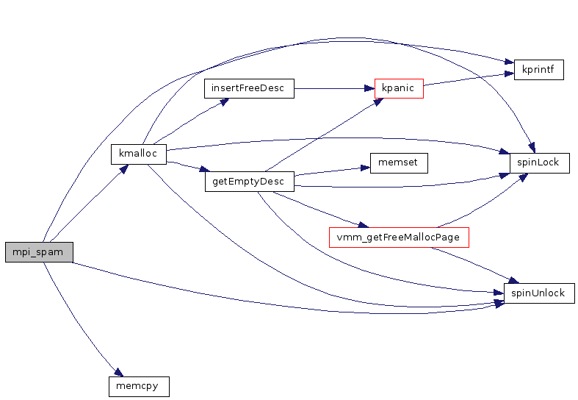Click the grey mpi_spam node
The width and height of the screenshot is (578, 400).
coord(39,251)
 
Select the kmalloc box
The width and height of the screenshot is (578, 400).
coord(139,154)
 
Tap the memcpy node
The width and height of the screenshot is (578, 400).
coord(138,385)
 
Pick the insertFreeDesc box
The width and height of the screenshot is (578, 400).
coord(248,88)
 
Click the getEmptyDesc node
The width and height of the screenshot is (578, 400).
coord(249,182)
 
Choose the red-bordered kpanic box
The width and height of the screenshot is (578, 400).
coord(398,88)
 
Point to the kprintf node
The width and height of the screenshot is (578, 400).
coord(538,70)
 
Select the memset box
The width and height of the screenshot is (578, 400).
coord(398,162)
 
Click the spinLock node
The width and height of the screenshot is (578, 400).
coord(540,162)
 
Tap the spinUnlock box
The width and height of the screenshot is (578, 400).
coord(538,293)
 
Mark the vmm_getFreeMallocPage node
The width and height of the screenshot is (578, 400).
coord(398,238)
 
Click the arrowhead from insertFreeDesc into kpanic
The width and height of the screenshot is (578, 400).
coord(369,88)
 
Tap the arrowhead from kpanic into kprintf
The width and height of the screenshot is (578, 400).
coord(509,74)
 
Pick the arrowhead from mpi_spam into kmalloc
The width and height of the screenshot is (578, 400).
coord(125,168)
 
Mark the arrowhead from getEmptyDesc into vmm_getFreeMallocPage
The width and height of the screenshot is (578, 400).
coord(361,224)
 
